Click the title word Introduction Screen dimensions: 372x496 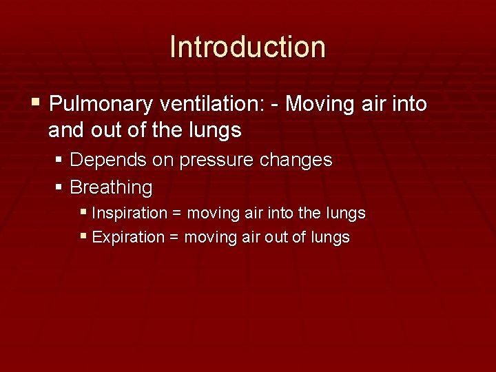point(247,47)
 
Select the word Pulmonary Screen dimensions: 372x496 point(101,105)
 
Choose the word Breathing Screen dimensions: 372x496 point(111,187)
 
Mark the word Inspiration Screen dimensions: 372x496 point(129,214)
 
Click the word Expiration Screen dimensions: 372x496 point(127,238)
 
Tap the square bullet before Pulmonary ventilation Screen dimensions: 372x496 point(36,104)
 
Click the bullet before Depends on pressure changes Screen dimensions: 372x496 point(59,160)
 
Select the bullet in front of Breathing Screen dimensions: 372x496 point(59,186)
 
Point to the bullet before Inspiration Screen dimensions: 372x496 point(83,212)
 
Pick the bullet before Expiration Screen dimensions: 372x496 point(83,236)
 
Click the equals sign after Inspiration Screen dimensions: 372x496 point(177,214)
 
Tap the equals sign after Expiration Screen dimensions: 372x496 point(174,238)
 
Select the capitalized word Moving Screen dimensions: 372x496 point(319,105)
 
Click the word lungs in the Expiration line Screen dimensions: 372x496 point(331,238)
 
